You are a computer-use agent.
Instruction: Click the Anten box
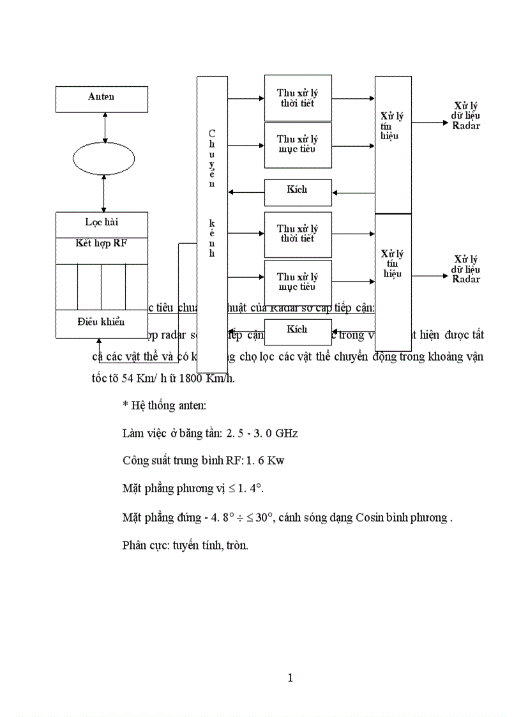pyautogui.click(x=102, y=98)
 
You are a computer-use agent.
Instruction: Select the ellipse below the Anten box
pyautogui.click(x=103, y=158)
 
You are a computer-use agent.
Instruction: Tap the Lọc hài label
pyautogui.click(x=102, y=222)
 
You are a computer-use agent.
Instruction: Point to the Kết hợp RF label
pyautogui.click(x=102, y=243)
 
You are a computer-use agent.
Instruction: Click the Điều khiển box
pyautogui.click(x=102, y=322)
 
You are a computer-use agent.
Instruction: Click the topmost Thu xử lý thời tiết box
pyautogui.click(x=298, y=98)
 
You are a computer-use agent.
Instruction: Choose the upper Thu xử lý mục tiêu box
pyautogui.click(x=298, y=144)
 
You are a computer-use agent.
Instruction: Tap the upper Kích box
pyautogui.click(x=298, y=190)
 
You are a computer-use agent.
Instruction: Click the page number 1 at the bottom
pyautogui.click(x=290, y=677)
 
